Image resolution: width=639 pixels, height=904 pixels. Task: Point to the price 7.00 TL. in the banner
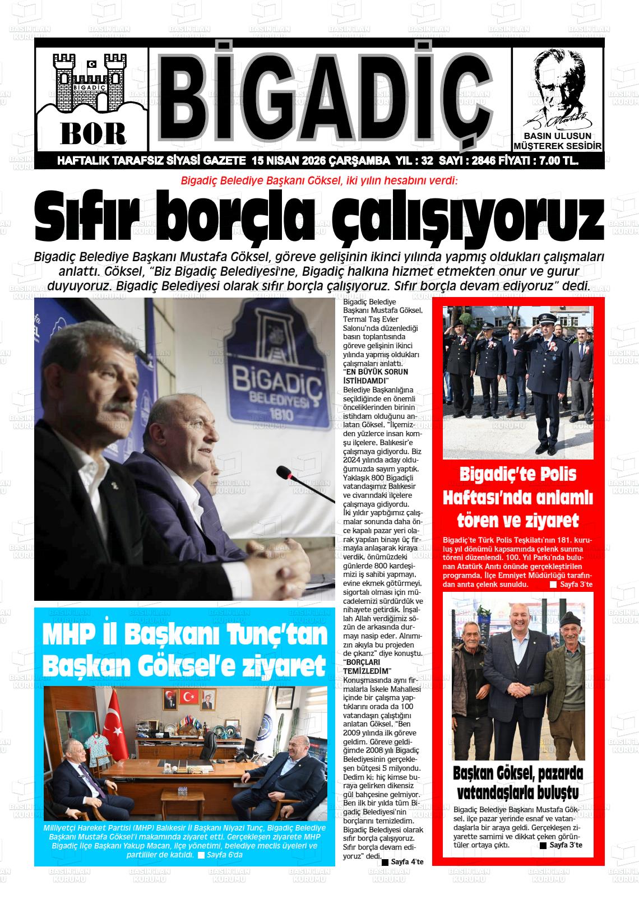(558, 161)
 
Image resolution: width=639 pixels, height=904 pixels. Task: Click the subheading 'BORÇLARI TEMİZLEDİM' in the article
(367, 667)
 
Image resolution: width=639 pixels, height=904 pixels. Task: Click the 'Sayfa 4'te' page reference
(407, 861)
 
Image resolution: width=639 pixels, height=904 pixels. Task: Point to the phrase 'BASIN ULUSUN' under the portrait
(557, 136)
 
